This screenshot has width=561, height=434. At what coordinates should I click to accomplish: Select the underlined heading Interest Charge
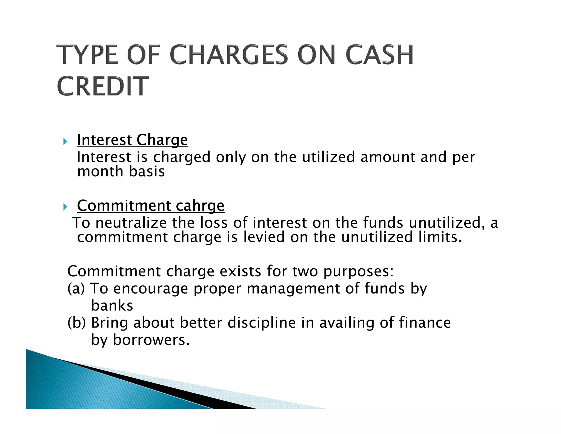[x=132, y=140]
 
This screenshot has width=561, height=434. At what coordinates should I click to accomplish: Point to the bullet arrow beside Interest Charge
[x=65, y=141]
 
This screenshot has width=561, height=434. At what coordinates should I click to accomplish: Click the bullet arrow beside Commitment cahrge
[x=65, y=207]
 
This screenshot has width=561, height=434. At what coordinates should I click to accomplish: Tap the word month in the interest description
[x=100, y=172]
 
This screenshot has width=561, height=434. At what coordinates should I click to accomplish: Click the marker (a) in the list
[x=76, y=289]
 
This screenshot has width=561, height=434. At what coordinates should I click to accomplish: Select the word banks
[x=112, y=306]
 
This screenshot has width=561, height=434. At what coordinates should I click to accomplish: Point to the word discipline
[x=261, y=323]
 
